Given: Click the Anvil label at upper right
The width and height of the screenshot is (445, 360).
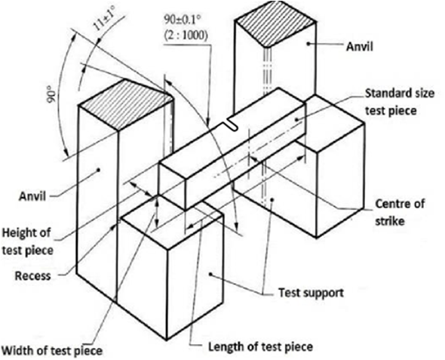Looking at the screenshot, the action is coord(359,46).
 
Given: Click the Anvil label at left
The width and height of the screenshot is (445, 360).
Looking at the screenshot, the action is coord(32,196).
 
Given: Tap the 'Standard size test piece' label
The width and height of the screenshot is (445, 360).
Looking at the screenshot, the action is coord(399,102).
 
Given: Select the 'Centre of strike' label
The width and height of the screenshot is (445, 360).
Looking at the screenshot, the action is coord(400,212).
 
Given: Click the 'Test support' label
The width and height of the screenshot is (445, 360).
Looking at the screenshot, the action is coord(311,292).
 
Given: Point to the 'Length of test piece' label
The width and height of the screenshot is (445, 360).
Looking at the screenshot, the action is coord(260,346).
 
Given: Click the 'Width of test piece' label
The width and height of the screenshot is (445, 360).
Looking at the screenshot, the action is coord(52,351).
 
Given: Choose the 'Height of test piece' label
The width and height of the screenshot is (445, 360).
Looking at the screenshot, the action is coord(27,242).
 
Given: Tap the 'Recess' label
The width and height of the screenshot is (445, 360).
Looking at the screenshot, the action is coord(32,275).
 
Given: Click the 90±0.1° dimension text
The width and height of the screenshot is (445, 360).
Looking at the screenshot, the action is coord(182,20).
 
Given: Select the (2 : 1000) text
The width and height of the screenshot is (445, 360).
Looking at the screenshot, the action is coord(186,35).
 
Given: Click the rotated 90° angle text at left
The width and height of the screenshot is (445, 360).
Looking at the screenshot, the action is coord(51,96).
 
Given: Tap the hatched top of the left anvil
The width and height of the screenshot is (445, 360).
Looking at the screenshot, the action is coord(125,104).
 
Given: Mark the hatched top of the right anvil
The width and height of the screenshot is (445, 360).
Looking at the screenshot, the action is coord(275,23).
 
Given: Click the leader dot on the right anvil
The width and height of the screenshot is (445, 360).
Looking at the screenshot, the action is coord(308,43).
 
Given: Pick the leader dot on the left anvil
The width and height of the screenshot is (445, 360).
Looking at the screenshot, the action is coord(99,170).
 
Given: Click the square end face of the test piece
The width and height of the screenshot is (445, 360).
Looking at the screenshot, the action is coord(172,186).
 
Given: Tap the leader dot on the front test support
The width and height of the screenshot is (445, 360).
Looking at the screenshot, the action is coord(210,274).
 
